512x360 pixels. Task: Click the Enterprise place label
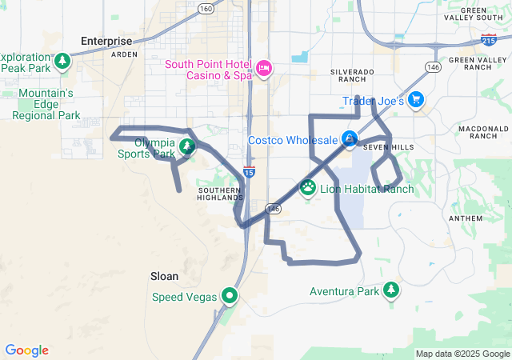click(x=106, y=41)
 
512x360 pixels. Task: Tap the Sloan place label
click(x=164, y=276)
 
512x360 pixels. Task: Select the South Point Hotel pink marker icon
click(x=264, y=69)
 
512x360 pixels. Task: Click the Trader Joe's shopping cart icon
click(x=415, y=100)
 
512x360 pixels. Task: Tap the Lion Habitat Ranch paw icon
click(x=308, y=188)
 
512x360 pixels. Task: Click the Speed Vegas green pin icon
click(x=230, y=296)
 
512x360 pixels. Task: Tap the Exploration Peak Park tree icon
click(x=62, y=62)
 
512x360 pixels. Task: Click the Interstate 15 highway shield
click(x=250, y=171)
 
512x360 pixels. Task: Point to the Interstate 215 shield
click(x=488, y=38)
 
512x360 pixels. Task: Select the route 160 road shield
click(x=206, y=9)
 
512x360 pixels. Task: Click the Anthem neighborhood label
click(x=466, y=218)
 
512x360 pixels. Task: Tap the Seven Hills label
click(x=388, y=148)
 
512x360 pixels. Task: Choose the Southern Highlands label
click(x=219, y=194)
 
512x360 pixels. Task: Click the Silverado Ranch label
click(x=352, y=76)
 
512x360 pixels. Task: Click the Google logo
click(x=26, y=350)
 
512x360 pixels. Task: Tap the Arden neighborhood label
click(x=124, y=54)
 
